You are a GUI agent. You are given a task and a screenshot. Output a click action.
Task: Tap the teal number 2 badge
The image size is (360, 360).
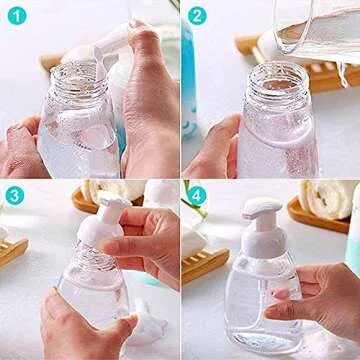(196, 15)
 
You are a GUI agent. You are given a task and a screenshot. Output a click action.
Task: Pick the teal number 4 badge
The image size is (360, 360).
(196, 195)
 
